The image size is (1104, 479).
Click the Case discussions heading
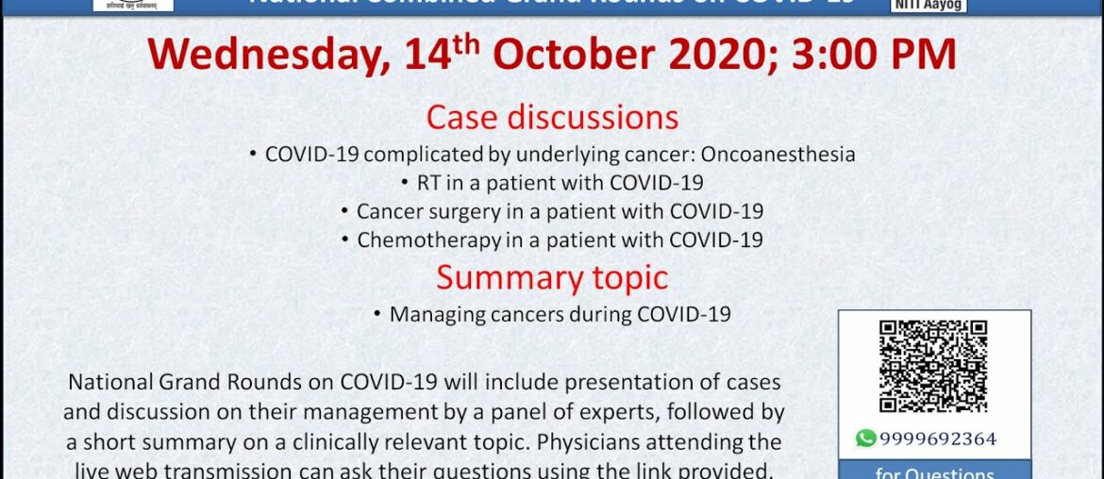(x=552, y=117)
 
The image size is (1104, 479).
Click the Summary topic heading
(x=552, y=277)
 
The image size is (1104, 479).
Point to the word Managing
(x=437, y=315)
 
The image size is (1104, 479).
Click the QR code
(x=933, y=367)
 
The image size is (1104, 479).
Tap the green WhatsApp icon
(x=865, y=438)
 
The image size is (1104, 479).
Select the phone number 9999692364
(x=938, y=438)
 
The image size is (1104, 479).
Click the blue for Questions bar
(x=934, y=471)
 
